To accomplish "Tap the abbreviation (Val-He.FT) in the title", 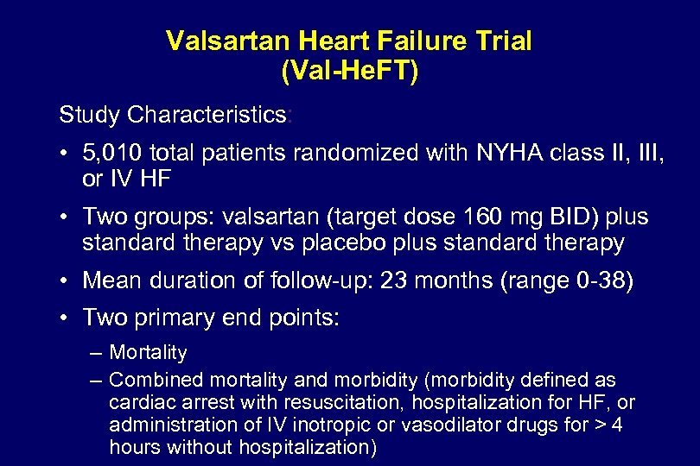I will (x=349, y=71).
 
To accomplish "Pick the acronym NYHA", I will (x=499, y=154).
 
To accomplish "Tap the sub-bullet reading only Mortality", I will (x=148, y=352).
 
